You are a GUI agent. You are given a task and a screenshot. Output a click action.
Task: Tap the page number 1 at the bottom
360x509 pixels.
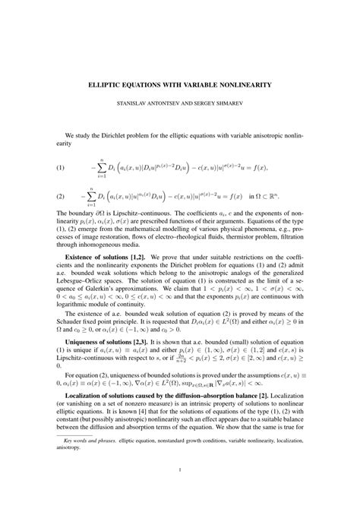180,491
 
